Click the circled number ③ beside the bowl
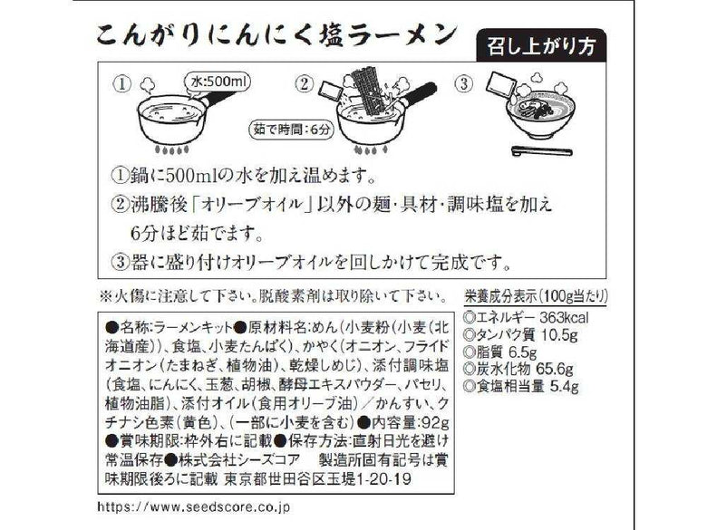click(464, 85)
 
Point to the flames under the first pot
click(168, 149)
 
